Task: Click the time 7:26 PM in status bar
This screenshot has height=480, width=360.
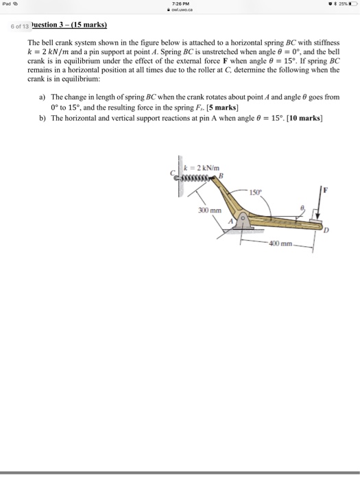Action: pyautogui.click(x=180, y=5)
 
